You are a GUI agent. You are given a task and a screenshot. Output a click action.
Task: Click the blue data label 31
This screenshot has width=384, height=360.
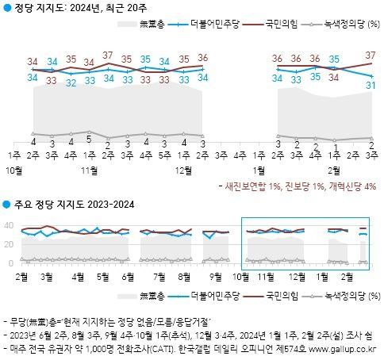point(370,86)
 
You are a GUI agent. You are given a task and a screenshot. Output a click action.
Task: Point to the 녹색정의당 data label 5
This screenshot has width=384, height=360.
point(90,140)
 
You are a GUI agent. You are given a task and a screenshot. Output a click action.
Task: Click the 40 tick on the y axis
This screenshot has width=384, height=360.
point(8,227)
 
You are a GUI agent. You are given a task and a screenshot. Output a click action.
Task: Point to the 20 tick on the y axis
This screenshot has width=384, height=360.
point(8,245)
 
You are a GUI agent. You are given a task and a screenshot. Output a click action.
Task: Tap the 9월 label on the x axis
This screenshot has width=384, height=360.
point(217,276)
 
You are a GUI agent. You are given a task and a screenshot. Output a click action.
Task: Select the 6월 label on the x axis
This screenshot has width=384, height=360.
point(129,276)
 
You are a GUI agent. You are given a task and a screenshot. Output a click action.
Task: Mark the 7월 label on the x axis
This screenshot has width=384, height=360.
point(158,276)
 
